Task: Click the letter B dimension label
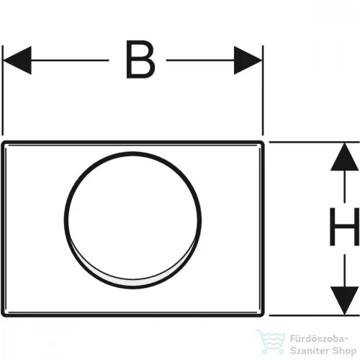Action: tap(140, 59)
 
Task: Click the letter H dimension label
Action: tap(344, 227)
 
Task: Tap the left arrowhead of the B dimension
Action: tap(17, 60)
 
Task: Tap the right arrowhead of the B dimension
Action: tap(248, 60)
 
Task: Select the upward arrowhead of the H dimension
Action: tap(344, 157)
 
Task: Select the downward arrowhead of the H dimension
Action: tap(344, 300)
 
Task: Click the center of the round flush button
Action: tap(132, 220)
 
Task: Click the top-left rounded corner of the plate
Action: tap(4, 143)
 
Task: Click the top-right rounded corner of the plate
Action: tap(262, 143)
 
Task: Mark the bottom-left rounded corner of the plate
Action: tap(4, 315)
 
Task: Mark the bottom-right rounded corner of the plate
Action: tap(262, 315)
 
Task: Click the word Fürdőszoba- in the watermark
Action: tap(319, 339)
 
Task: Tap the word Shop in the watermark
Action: tap(344, 351)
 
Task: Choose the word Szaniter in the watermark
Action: tap(310, 351)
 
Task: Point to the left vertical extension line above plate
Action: tap(2, 90)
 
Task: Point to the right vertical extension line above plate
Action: tap(263, 90)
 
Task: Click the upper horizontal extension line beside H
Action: tap(314, 143)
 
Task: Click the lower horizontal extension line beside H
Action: tap(314, 315)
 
